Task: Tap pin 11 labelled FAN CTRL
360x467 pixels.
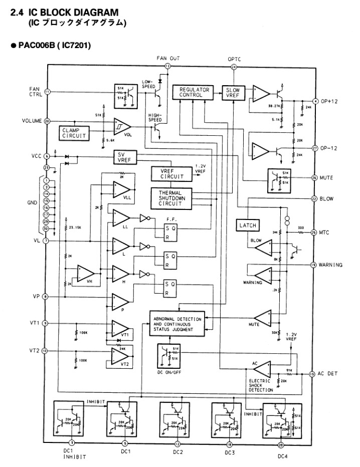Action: [47, 92]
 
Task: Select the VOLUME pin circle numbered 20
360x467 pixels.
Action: [47, 121]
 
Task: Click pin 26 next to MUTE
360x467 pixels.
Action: [314, 177]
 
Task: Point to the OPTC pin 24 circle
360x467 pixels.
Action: [234, 67]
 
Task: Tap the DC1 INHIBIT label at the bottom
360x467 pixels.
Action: [73, 453]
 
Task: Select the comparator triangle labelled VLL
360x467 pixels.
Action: [124, 190]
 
